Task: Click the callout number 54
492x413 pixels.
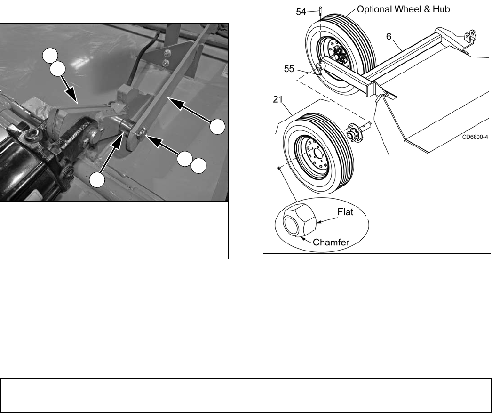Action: [x=301, y=12]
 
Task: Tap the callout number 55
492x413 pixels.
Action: [x=289, y=69]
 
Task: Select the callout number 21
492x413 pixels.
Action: [x=278, y=99]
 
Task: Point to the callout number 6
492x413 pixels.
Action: [x=389, y=37]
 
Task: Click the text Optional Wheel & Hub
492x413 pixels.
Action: [x=403, y=9]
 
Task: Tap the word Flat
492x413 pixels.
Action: [x=345, y=212]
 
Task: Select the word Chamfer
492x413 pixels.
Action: [x=331, y=242]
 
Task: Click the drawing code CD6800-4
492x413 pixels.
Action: [x=475, y=137]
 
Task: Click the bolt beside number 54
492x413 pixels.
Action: [x=320, y=11]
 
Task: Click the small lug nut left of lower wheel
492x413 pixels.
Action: [x=278, y=168]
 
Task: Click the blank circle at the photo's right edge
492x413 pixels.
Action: [x=217, y=127]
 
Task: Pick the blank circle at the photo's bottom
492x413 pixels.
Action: [x=97, y=180]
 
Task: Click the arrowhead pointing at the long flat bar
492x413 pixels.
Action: [x=176, y=103]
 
